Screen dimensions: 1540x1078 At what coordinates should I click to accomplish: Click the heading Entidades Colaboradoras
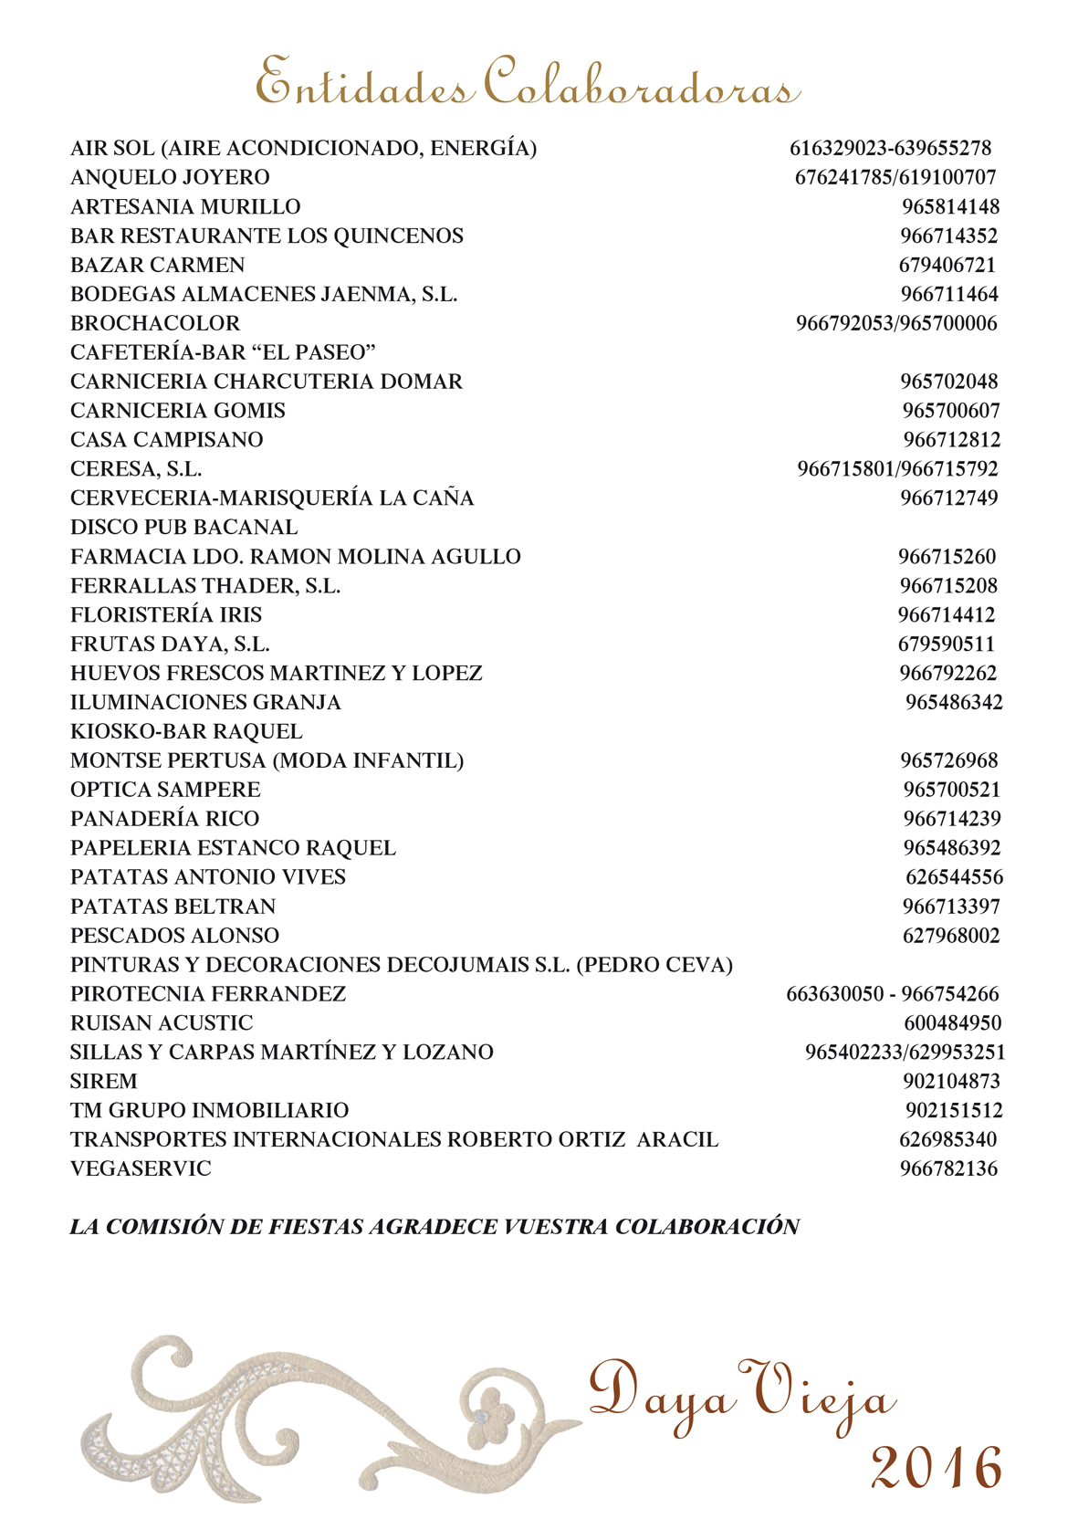coord(528,82)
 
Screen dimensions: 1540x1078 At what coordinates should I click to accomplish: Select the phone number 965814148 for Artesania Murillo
coord(950,206)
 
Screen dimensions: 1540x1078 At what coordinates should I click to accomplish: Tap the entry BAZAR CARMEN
coord(158,265)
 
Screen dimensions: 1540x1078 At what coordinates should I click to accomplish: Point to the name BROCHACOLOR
coord(155,323)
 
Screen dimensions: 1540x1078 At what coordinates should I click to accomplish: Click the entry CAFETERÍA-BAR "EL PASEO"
coord(224,352)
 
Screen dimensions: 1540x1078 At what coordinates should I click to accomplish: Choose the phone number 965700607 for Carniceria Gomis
coord(951,411)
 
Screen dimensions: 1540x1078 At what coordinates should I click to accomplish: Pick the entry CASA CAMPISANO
coord(167,440)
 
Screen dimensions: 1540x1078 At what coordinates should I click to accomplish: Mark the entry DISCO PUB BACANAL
coord(184,528)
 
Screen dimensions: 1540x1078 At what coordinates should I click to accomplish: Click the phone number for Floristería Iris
coord(947,615)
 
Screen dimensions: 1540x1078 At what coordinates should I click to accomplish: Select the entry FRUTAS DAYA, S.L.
coord(170,644)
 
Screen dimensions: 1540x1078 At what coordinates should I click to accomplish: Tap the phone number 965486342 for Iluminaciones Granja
coord(954,703)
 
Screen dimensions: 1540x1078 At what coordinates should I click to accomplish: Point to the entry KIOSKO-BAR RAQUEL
coord(186,732)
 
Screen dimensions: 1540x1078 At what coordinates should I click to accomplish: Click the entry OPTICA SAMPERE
coord(165,790)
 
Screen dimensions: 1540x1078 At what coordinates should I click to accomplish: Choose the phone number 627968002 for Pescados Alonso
coord(951,936)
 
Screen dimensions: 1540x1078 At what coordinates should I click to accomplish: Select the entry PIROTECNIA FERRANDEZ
coord(208,994)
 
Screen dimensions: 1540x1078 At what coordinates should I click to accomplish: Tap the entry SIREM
coord(104,1082)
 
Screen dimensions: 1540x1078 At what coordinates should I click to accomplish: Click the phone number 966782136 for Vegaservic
coord(948,1169)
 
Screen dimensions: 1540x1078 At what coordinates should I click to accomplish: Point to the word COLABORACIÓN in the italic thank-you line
coord(707,1227)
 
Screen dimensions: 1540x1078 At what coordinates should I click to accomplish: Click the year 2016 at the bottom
coord(936,1469)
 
